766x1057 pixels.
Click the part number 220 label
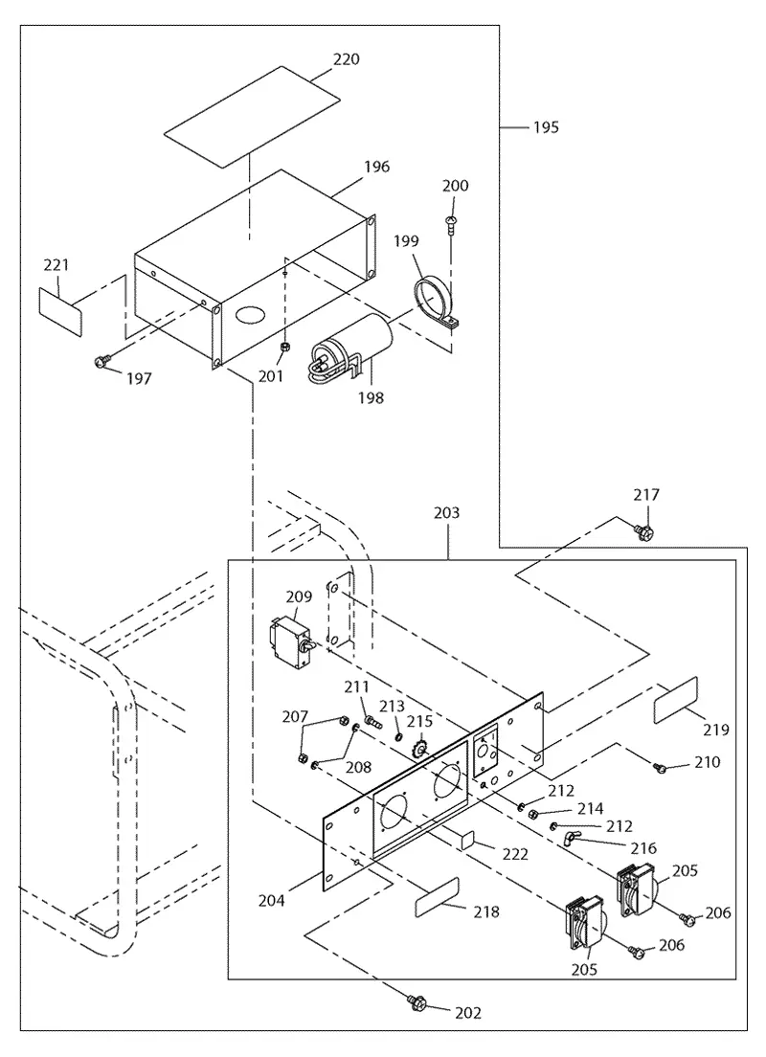(x=346, y=59)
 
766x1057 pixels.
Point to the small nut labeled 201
(x=285, y=347)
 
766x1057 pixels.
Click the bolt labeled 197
(x=101, y=362)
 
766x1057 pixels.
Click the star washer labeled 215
(x=421, y=749)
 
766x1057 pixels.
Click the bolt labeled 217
(x=643, y=532)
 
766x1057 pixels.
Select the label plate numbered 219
(x=676, y=700)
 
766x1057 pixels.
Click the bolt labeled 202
(x=414, y=1001)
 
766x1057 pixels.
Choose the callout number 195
(x=546, y=126)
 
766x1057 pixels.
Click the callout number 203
(x=446, y=513)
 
